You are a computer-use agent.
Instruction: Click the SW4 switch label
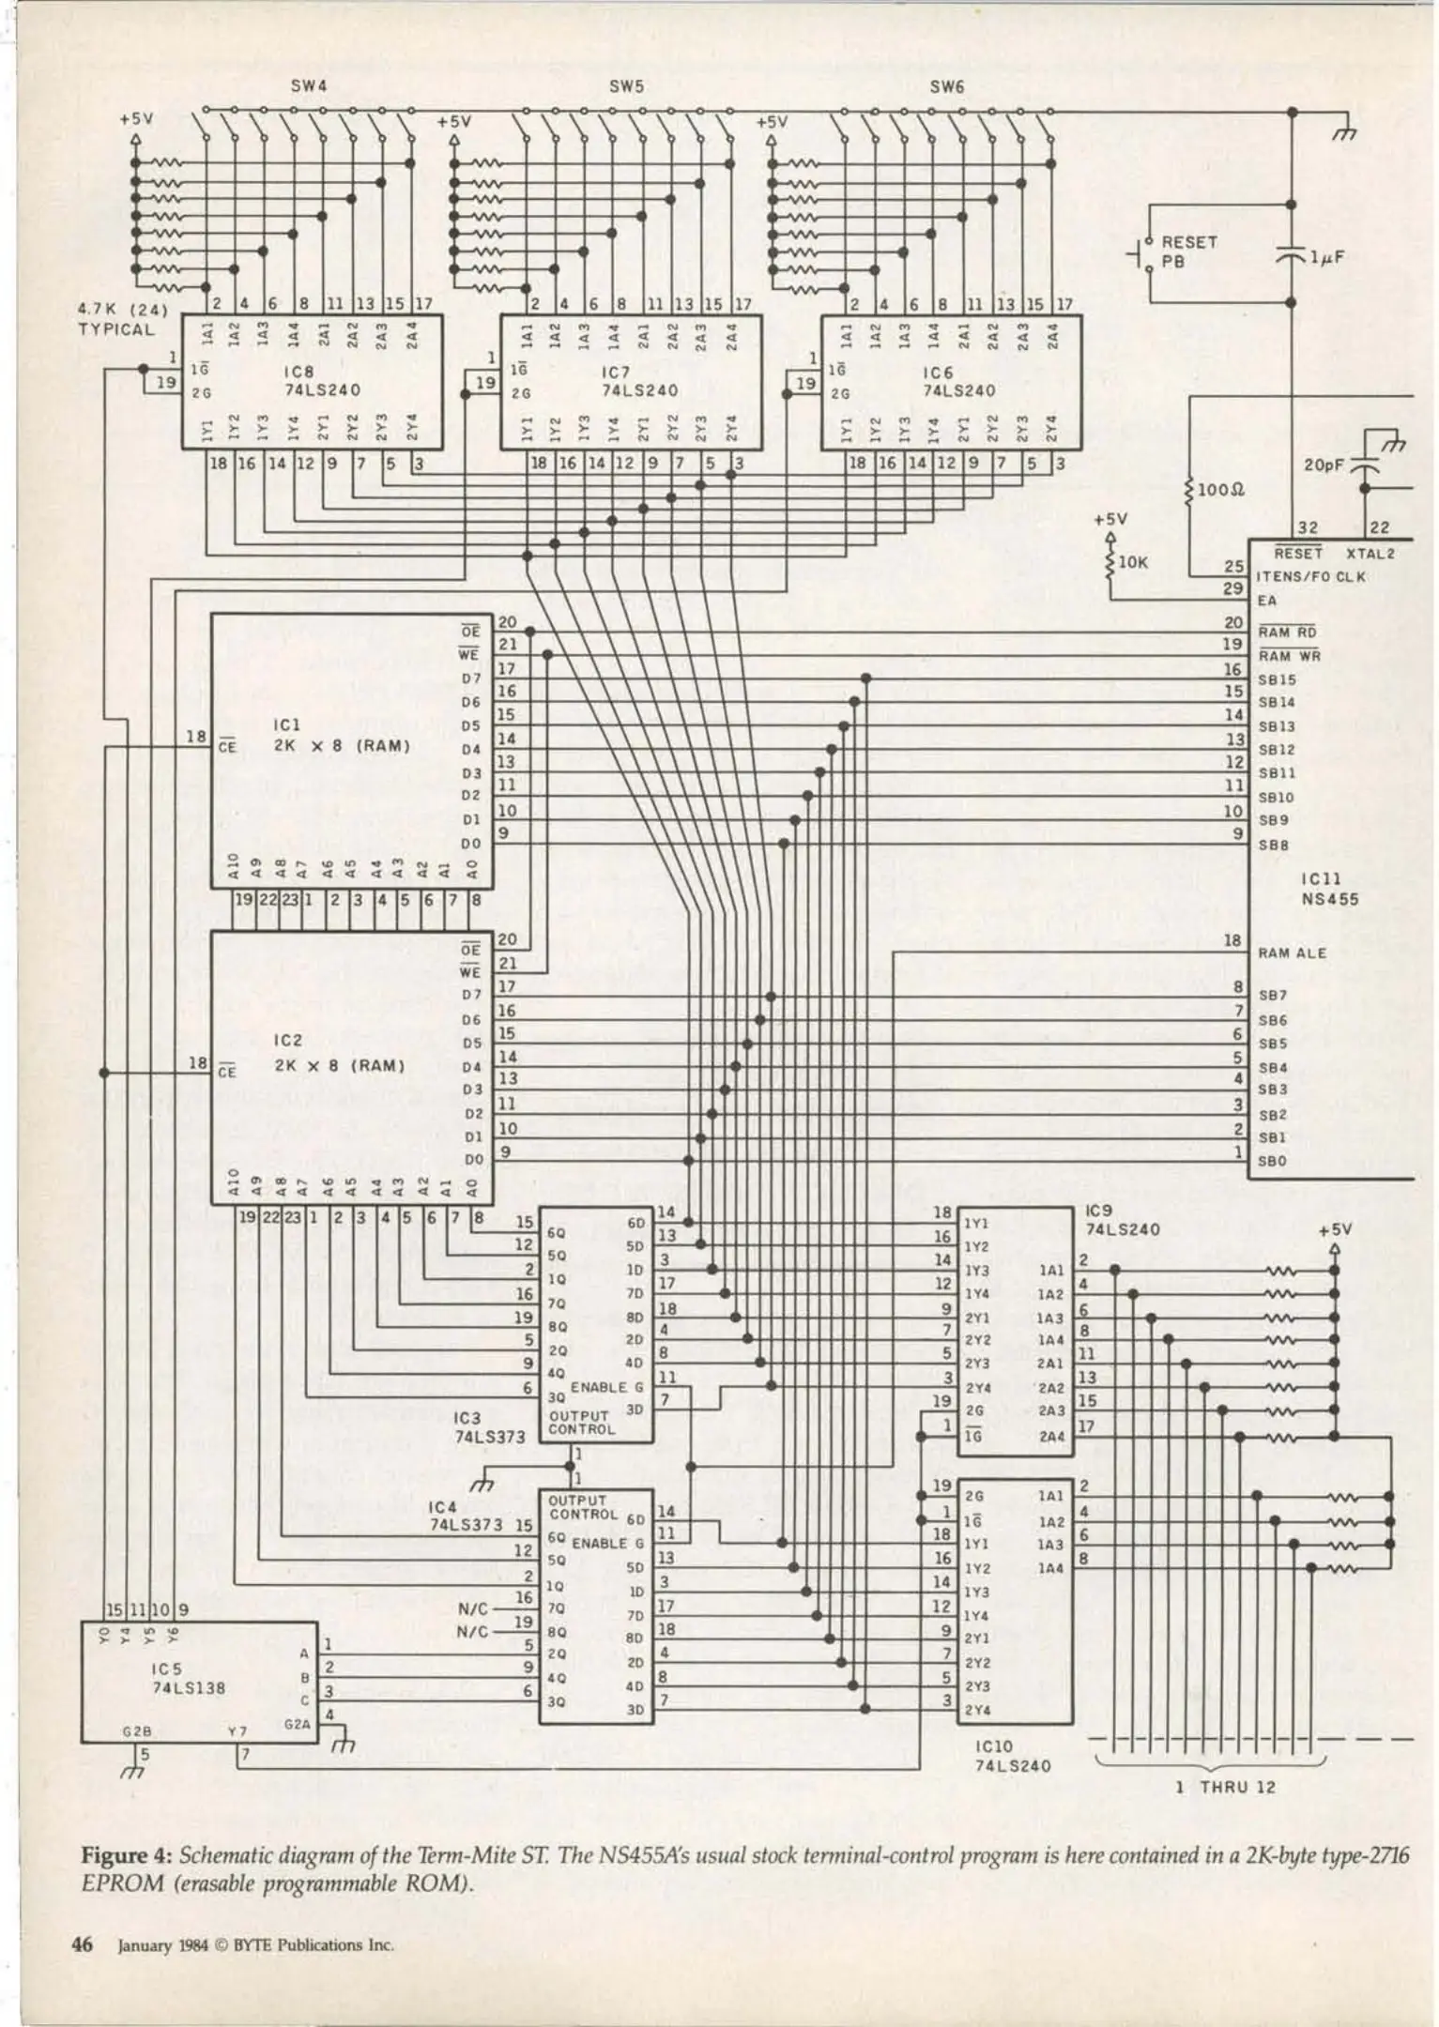[309, 86]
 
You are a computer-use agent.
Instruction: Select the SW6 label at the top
[947, 86]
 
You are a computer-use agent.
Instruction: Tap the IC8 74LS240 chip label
[321, 381]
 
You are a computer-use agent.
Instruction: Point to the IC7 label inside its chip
[616, 373]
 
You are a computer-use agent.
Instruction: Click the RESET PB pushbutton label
[1188, 251]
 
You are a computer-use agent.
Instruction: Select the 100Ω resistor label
[1221, 490]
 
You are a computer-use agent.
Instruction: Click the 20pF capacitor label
[1324, 465]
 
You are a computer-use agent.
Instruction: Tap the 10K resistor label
[1133, 563]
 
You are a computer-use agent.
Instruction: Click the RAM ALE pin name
[1293, 953]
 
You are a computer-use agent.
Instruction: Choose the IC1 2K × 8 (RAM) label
[341, 737]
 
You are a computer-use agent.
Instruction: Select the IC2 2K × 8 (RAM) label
[339, 1055]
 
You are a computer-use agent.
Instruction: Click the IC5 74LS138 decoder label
[188, 1679]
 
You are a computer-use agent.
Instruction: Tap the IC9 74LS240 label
[1123, 1220]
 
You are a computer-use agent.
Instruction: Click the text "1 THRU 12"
[1225, 1788]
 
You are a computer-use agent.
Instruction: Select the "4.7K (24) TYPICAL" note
[121, 319]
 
